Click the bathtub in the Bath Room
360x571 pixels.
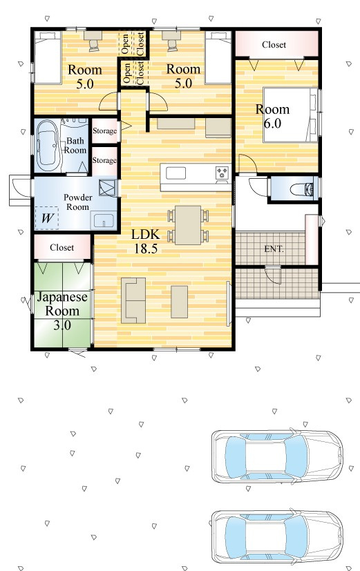48,146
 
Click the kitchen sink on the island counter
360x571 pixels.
176,173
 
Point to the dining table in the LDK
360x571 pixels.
188,225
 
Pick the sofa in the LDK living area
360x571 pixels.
133,300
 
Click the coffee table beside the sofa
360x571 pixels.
179,302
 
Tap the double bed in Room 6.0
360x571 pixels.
291,115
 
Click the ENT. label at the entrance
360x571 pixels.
274,249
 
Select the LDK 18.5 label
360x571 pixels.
145,241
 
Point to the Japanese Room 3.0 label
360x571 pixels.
62,311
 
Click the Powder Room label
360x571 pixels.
77,202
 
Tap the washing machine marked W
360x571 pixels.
47,218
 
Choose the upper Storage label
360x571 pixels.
104,130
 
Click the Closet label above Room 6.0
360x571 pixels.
274,45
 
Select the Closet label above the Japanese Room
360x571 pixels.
62,248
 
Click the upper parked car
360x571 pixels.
278,456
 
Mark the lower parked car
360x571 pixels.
278,536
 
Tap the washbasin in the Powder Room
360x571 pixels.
104,221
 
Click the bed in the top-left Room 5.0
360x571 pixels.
48,57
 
